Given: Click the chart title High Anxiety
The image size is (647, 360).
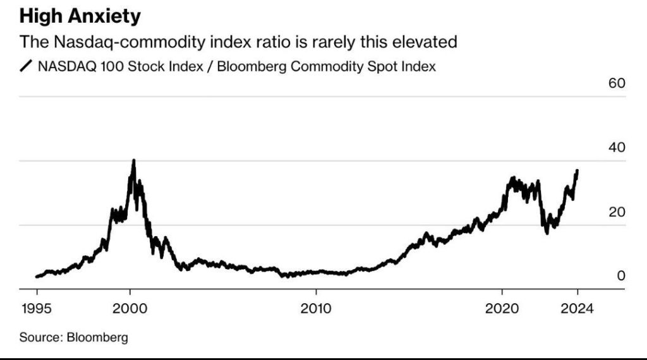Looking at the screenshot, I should [80, 16].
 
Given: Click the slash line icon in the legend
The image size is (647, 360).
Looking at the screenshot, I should [27, 66].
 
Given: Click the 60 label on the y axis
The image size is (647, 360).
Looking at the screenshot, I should [617, 84].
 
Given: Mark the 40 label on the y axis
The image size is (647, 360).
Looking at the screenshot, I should [617, 148].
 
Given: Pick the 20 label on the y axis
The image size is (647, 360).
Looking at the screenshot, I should [617, 212].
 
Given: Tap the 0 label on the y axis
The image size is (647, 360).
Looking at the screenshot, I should [621, 275].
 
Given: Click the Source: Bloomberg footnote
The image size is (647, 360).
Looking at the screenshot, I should [73, 337].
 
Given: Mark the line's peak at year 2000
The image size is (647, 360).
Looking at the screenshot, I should [133, 160].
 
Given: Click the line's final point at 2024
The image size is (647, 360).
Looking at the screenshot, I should [577, 171].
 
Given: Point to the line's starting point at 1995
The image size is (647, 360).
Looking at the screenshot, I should [37, 276].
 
